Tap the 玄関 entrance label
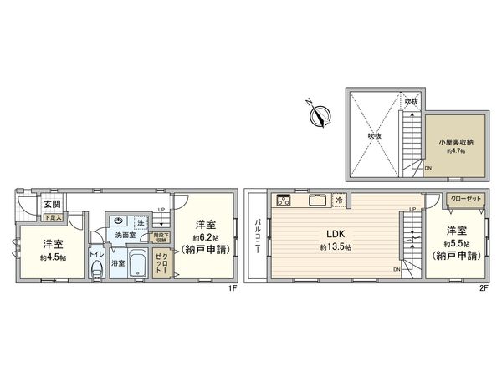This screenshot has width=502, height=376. (x=52, y=204)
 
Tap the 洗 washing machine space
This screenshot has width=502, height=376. (x=141, y=223)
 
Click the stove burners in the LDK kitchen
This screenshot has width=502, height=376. (x=282, y=200)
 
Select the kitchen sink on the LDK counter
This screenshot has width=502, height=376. (x=318, y=200)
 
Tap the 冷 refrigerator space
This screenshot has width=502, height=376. (x=339, y=201)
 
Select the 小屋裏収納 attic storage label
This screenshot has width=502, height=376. (x=456, y=142)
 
